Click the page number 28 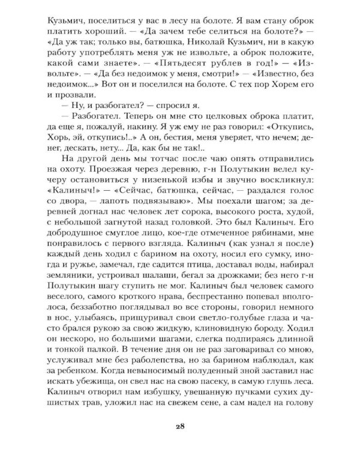(180, 427)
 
